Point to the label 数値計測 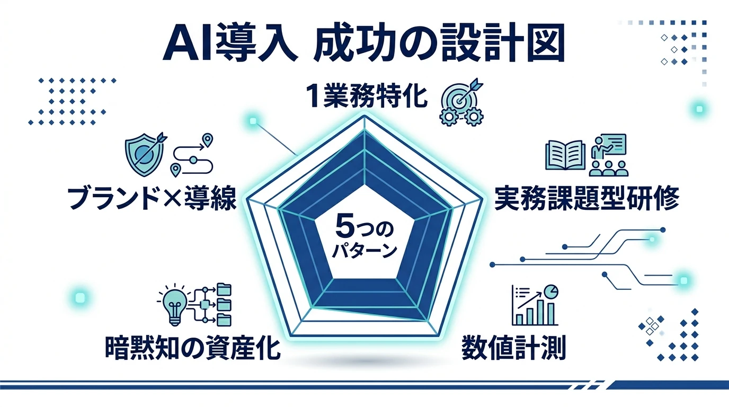click(x=514, y=348)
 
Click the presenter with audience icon click(x=608, y=155)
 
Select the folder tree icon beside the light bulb click(x=215, y=304)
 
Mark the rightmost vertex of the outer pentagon click(x=484, y=200)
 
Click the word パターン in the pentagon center click(x=364, y=250)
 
